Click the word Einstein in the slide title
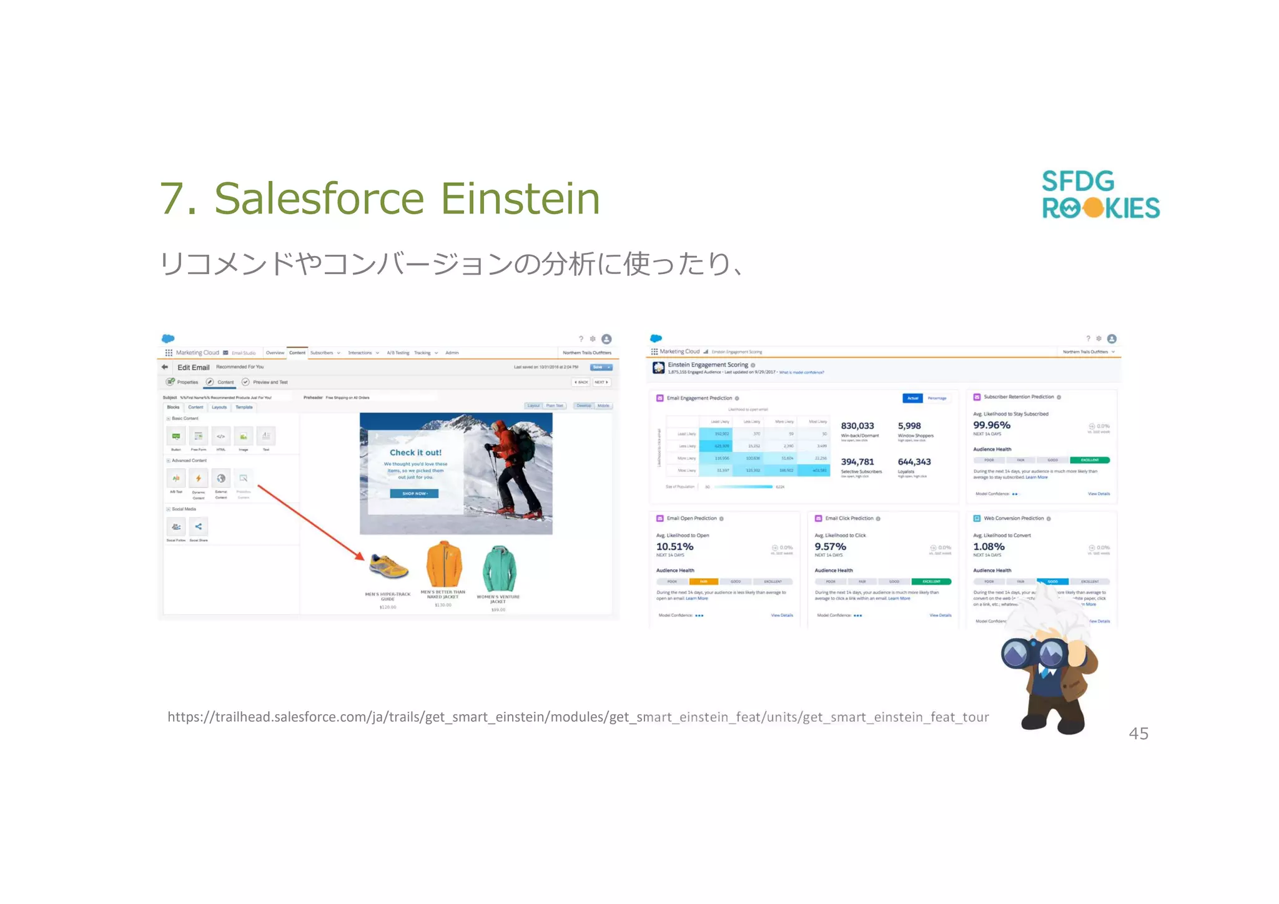click(x=520, y=199)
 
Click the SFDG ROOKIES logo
click(x=1100, y=195)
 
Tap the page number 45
click(x=1138, y=734)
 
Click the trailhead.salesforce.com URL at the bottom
click(x=578, y=717)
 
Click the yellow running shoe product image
click(x=388, y=566)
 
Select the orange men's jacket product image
click(x=443, y=564)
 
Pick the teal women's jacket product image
click(x=499, y=568)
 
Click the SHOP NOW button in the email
click(x=414, y=493)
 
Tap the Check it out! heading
click(x=415, y=453)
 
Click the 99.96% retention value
click(x=991, y=425)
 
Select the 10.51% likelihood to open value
click(x=674, y=546)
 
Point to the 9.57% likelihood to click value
click(x=830, y=546)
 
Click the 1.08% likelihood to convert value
click(x=989, y=546)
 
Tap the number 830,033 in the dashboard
click(x=857, y=426)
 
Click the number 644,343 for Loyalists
click(x=914, y=462)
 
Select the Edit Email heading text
click(x=193, y=368)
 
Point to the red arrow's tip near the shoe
click(x=362, y=558)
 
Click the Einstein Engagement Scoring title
click(x=708, y=365)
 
